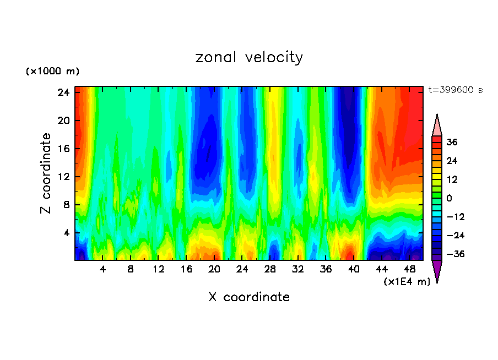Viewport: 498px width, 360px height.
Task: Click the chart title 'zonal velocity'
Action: coord(249,57)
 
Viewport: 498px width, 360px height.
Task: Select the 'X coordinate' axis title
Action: coord(249,297)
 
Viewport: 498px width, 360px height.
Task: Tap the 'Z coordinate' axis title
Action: coord(46,173)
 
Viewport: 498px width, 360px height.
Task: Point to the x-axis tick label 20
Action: coord(214,270)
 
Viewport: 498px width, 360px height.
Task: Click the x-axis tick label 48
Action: coord(410,270)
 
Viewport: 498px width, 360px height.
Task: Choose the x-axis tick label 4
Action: coord(102,270)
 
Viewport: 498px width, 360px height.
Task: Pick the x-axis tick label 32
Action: coord(298,270)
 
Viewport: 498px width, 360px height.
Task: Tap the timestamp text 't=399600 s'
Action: coord(455,90)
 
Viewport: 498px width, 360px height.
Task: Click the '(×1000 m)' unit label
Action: coord(52,72)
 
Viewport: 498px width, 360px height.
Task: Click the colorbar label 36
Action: coord(452,142)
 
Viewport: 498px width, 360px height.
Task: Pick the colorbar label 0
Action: coord(450,198)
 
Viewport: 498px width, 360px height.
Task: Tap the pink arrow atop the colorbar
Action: coord(437,126)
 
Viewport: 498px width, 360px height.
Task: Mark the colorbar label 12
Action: coord(452,179)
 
